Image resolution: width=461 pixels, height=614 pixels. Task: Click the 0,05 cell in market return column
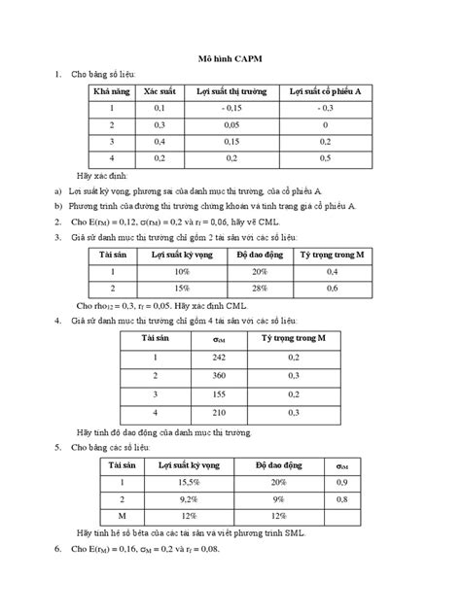[230, 125]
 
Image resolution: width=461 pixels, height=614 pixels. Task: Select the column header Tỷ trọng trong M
[333, 254]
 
